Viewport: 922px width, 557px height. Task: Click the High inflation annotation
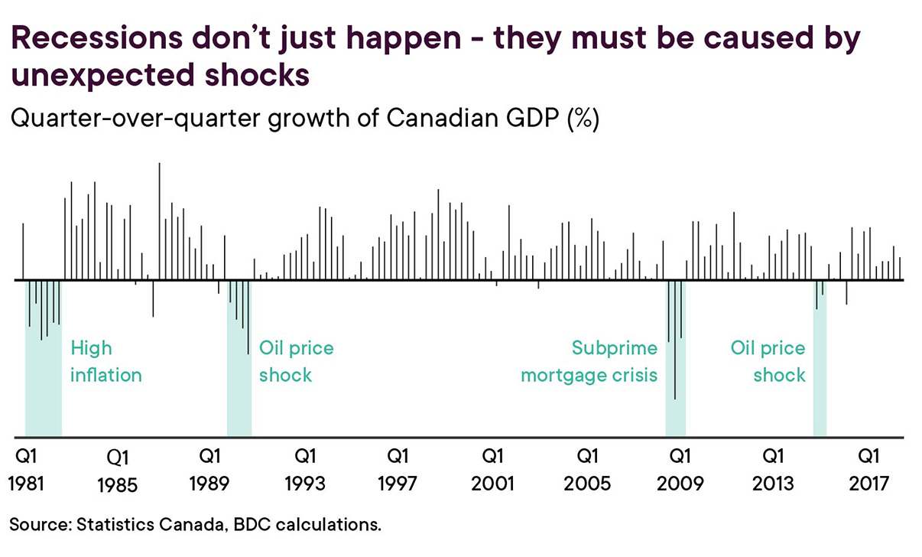pos(106,362)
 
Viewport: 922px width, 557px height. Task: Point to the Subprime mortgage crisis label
pos(589,362)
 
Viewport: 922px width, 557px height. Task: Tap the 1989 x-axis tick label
pos(211,484)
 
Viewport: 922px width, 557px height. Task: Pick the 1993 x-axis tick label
pos(304,484)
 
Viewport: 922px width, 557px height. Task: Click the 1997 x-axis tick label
pos(397,484)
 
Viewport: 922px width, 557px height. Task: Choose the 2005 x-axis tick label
pos(587,484)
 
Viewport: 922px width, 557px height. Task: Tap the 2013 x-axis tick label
pos(774,484)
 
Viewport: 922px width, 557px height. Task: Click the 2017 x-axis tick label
pos(868,484)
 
